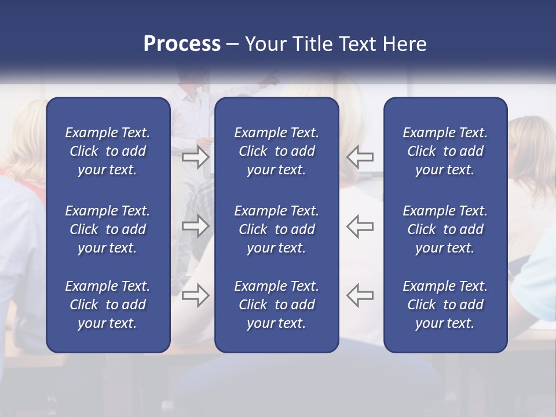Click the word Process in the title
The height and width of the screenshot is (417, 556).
pyautogui.click(x=182, y=44)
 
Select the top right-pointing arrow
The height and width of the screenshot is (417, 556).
pyautogui.click(x=195, y=156)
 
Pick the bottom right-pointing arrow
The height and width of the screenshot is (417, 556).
pyautogui.click(x=195, y=295)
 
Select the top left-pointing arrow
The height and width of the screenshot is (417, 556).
pyautogui.click(x=360, y=156)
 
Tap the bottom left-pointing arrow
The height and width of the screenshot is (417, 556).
pyautogui.click(x=360, y=295)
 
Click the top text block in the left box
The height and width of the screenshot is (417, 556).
pyautogui.click(x=108, y=151)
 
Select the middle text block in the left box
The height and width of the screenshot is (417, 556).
pyautogui.click(x=108, y=229)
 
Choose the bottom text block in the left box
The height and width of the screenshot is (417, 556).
pyautogui.click(x=108, y=305)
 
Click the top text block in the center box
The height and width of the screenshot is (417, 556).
pyautogui.click(x=277, y=151)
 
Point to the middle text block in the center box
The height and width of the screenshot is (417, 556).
pyautogui.click(x=277, y=229)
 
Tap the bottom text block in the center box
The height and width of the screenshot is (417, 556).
pyautogui.click(x=277, y=305)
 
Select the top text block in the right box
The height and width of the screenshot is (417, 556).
pyautogui.click(x=445, y=151)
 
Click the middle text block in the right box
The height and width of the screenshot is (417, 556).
pyautogui.click(x=445, y=229)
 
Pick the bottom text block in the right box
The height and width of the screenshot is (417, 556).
pyautogui.click(x=445, y=305)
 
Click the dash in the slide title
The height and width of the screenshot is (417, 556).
pyautogui.click(x=233, y=45)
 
